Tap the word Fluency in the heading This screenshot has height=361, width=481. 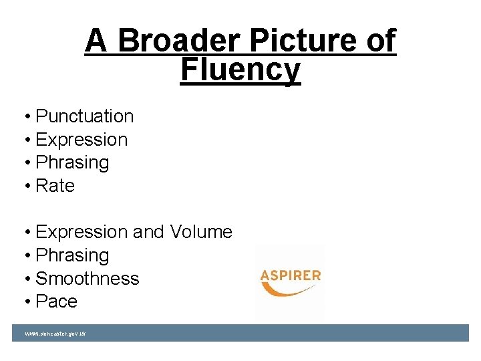click(x=240, y=70)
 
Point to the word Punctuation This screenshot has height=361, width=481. click(x=84, y=116)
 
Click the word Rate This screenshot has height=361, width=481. click(x=55, y=185)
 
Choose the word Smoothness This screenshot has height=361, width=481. click(x=87, y=278)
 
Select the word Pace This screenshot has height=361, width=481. click(x=56, y=302)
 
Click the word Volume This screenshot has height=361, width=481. click(x=201, y=232)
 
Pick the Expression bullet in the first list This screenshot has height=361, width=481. click(x=81, y=140)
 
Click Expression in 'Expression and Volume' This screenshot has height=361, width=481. click(x=81, y=232)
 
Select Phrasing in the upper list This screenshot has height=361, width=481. click(x=71, y=162)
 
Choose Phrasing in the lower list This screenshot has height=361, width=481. click(x=71, y=255)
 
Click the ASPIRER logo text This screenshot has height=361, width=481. click(x=290, y=275)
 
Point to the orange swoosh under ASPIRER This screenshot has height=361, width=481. click(x=287, y=291)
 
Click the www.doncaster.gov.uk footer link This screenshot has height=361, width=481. click(x=55, y=333)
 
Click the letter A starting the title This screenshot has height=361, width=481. click(x=96, y=41)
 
